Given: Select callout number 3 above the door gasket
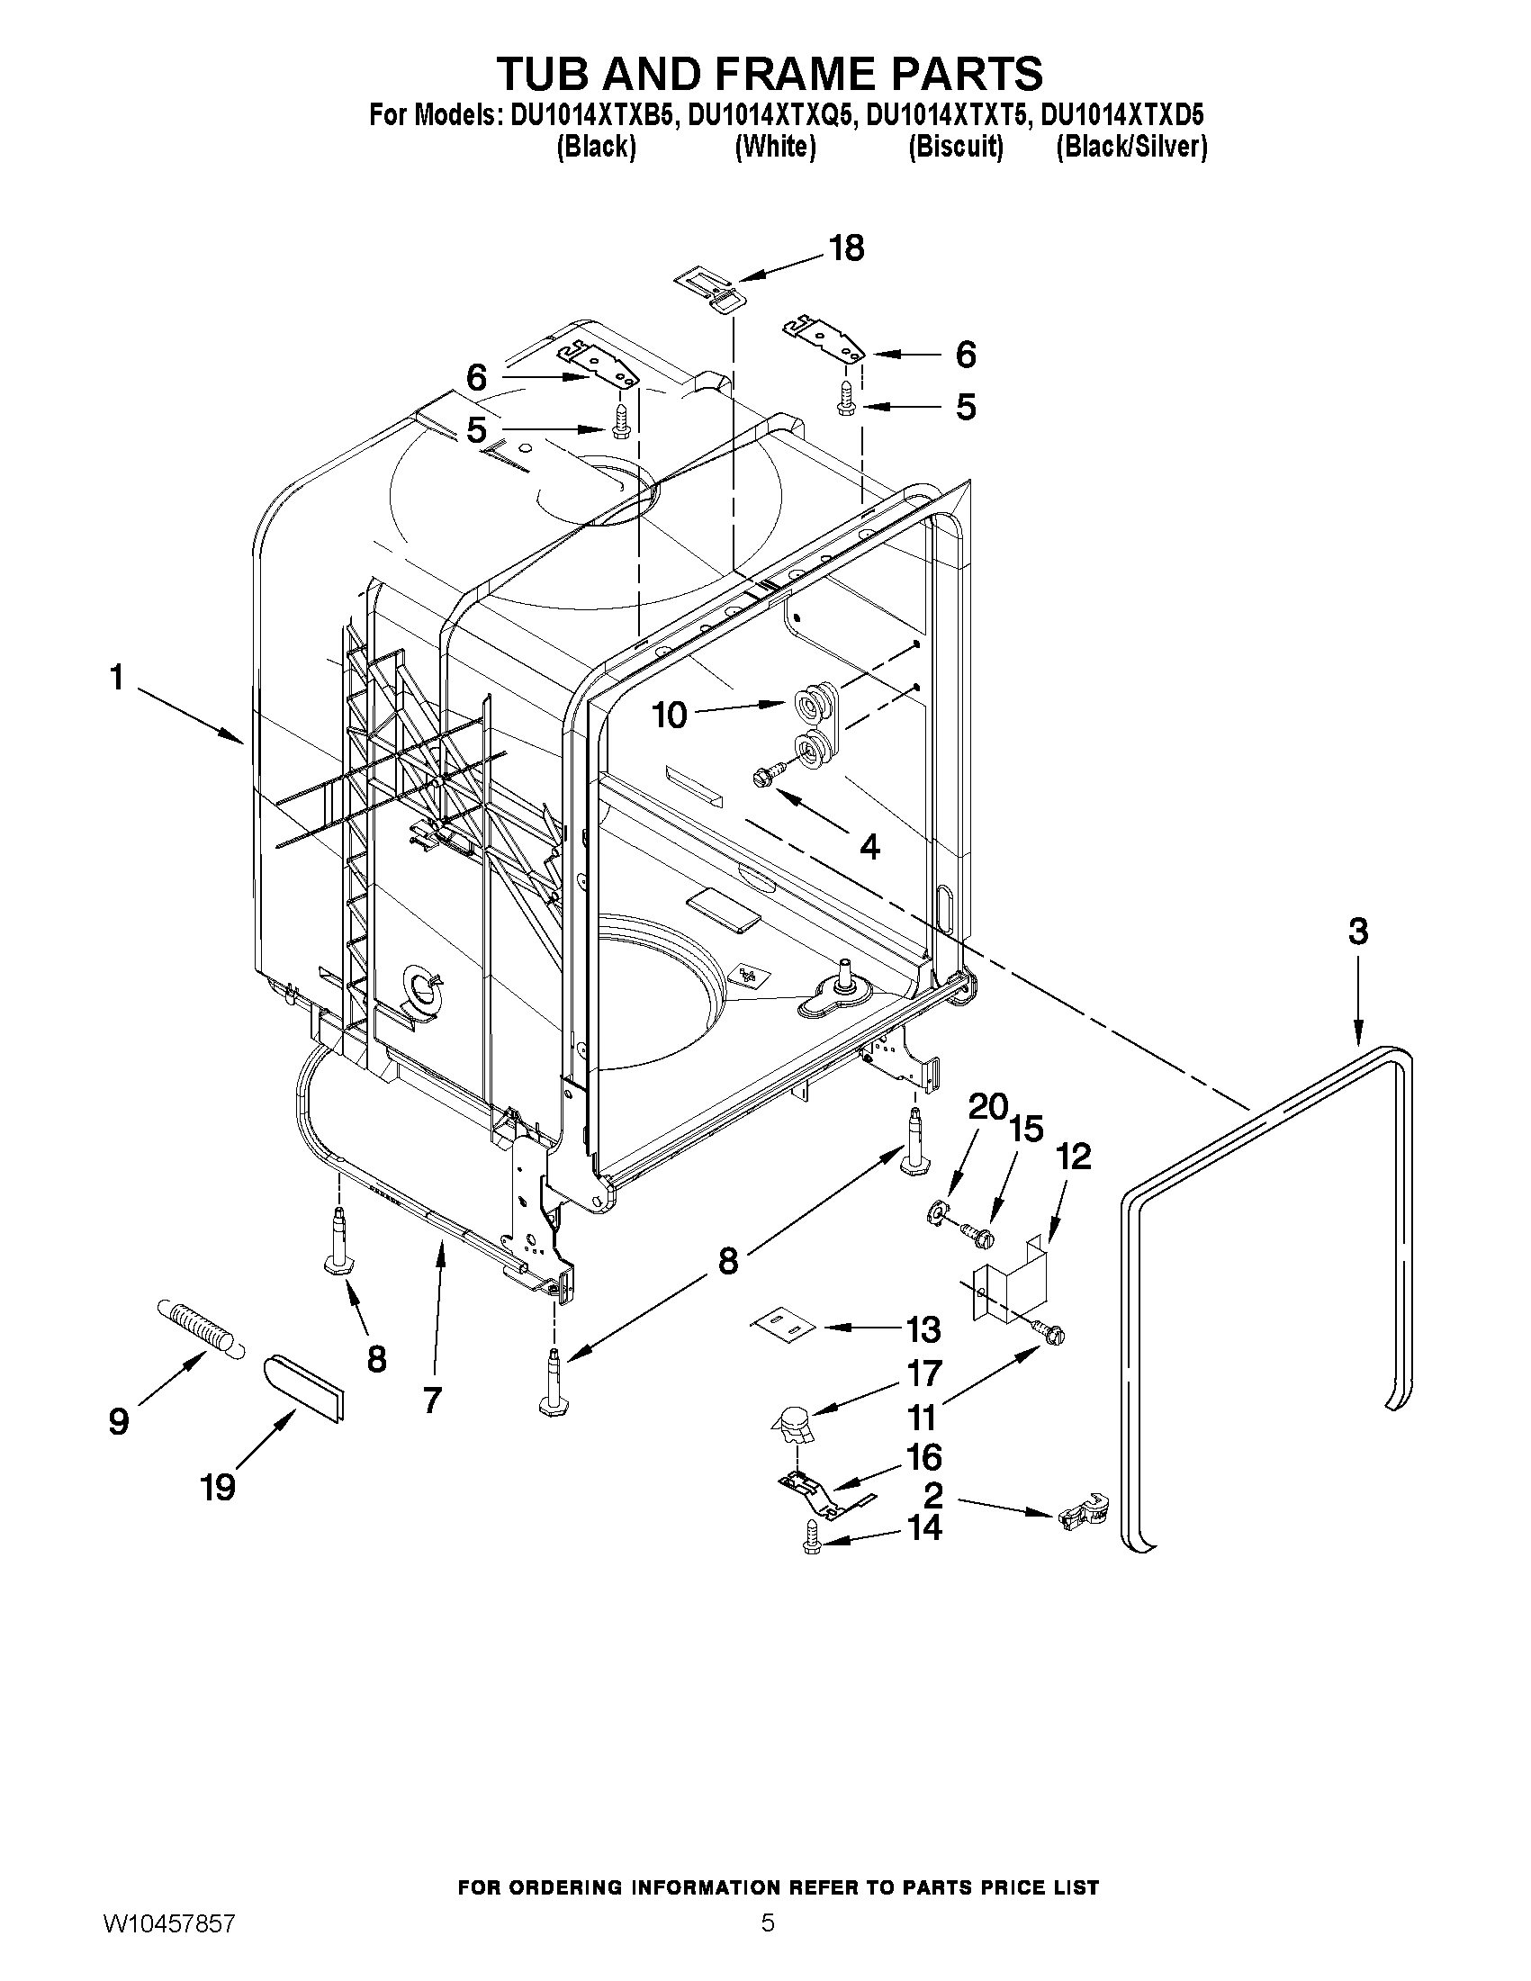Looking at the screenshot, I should [1357, 932].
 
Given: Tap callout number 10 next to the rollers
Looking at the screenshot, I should [671, 716].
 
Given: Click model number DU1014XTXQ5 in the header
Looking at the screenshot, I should [770, 116].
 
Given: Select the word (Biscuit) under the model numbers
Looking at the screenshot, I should [955, 147].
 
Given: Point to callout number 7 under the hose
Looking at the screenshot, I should [432, 1400].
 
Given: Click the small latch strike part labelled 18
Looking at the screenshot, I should [710, 290].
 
